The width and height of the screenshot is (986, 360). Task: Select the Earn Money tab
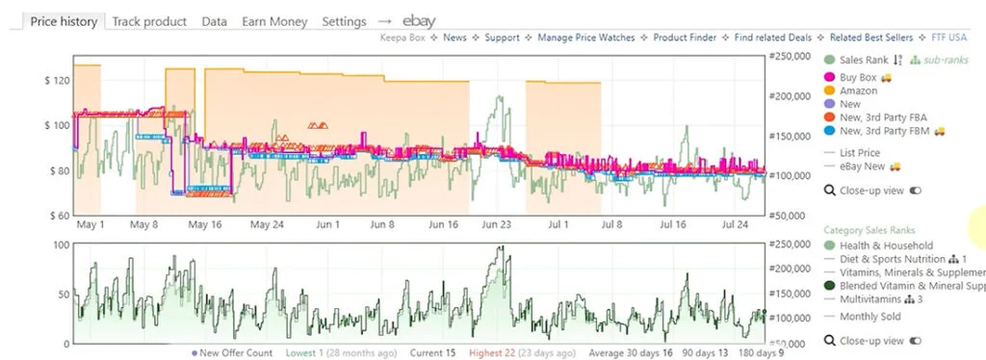(x=274, y=20)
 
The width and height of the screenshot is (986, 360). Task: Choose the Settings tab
(x=344, y=20)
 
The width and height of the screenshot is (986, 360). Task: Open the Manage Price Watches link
(x=585, y=39)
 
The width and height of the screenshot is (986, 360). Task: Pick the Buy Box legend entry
(x=857, y=77)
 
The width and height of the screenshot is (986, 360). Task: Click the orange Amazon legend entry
(x=858, y=90)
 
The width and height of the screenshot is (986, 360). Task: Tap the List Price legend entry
(x=860, y=153)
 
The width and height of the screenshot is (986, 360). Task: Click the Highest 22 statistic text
(x=496, y=353)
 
